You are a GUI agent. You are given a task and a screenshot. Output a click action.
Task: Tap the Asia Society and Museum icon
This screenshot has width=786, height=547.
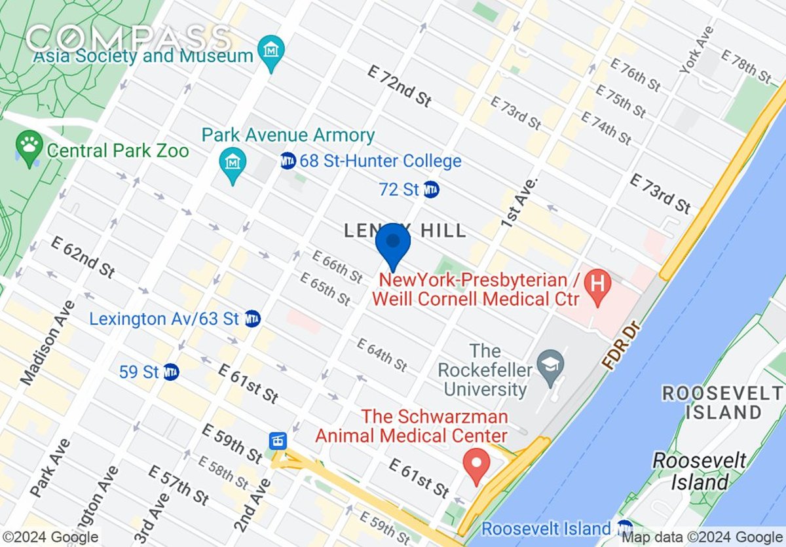point(271,48)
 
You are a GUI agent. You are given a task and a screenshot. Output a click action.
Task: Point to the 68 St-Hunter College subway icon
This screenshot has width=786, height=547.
point(288,160)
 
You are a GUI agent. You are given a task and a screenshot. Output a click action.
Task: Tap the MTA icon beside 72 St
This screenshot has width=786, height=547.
point(431,190)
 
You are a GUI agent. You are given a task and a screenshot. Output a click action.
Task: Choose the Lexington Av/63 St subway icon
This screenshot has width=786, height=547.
point(252,319)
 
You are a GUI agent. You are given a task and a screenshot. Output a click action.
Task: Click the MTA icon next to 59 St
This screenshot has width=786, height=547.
point(171,372)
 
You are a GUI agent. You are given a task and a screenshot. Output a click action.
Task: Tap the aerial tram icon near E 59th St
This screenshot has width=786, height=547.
point(277,440)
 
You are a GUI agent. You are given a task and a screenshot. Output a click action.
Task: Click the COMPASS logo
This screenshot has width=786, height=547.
point(128,38)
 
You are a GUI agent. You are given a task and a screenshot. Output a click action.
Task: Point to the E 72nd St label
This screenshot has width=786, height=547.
point(400,86)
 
